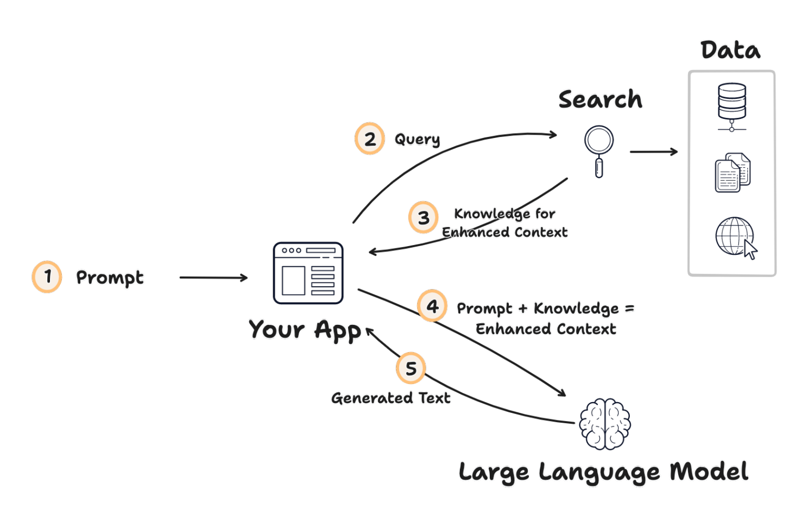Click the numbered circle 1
pyautogui.click(x=47, y=277)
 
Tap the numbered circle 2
pyautogui.click(x=370, y=139)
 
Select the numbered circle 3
pyautogui.click(x=424, y=217)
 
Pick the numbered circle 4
pyautogui.click(x=432, y=306)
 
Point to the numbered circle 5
pyautogui.click(x=411, y=368)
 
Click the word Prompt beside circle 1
pyautogui.click(x=110, y=278)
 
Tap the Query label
pyautogui.click(x=417, y=140)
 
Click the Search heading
pyautogui.click(x=600, y=99)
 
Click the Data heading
pyautogui.click(x=730, y=51)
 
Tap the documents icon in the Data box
pyautogui.click(x=733, y=173)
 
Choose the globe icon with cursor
pyautogui.click(x=736, y=237)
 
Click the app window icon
pyautogui.click(x=308, y=273)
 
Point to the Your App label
pyautogui.click(x=305, y=330)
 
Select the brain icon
pyautogui.click(x=604, y=424)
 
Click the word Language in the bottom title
pyautogui.click(x=599, y=472)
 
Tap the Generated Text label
pyautogui.click(x=391, y=398)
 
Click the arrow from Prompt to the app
pyautogui.click(x=213, y=278)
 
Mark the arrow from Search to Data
pyautogui.click(x=654, y=152)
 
